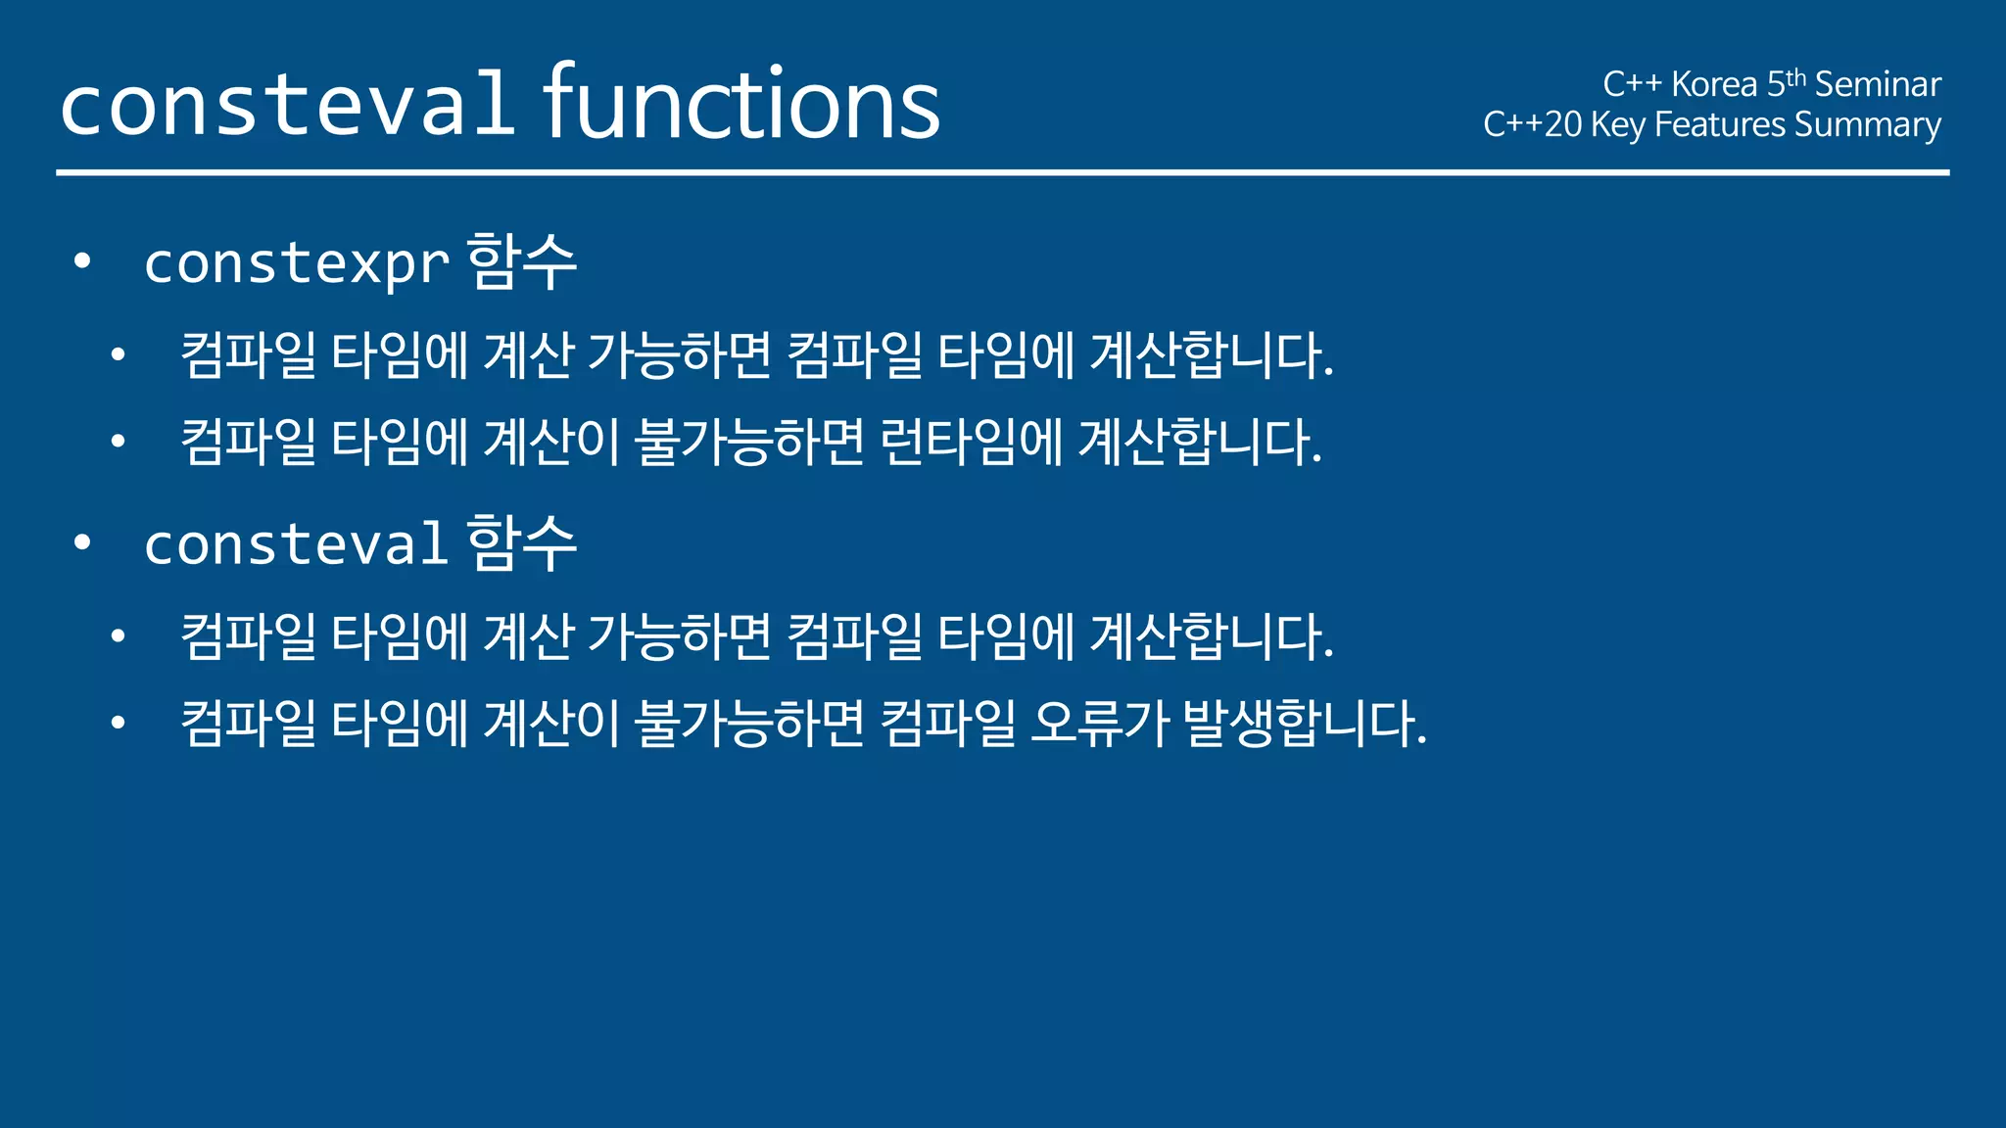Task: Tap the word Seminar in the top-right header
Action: click(x=1878, y=84)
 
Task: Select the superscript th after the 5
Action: click(x=1795, y=77)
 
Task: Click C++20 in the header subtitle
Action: click(x=1532, y=124)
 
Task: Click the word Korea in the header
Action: click(x=1714, y=84)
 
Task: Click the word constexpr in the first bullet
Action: click(x=297, y=264)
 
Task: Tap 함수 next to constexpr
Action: click(x=522, y=262)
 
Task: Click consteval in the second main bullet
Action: click(x=297, y=545)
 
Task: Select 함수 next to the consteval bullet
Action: click(x=522, y=543)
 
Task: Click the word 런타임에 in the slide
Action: click(x=971, y=442)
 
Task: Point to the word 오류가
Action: click(x=1100, y=724)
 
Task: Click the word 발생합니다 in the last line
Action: click(x=1303, y=724)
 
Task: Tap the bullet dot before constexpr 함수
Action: click(x=82, y=261)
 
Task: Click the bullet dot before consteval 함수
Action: click(x=82, y=542)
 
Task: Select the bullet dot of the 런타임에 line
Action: click(x=119, y=442)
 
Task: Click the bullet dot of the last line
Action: click(x=119, y=724)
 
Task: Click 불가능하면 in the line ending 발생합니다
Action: click(x=749, y=724)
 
